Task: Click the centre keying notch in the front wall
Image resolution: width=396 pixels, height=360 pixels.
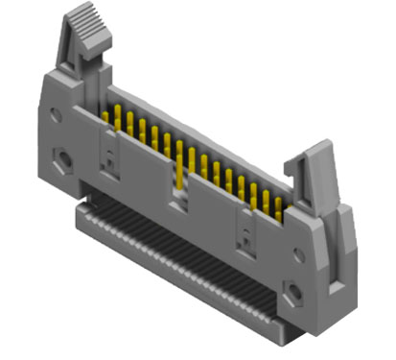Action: (178, 196)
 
